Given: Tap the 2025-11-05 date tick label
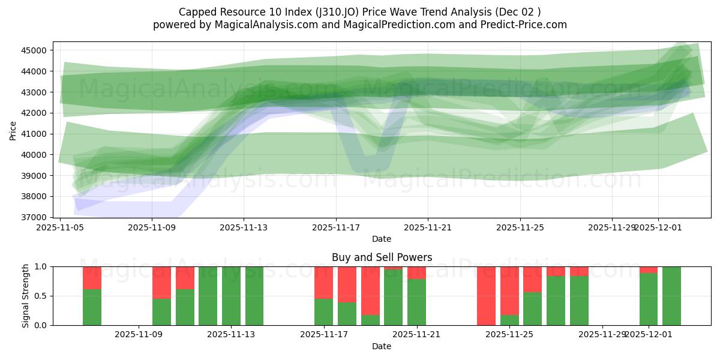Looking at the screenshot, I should coord(60,227).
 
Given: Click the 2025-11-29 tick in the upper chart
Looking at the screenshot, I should coord(612,227).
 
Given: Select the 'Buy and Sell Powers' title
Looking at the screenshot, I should coord(382,257).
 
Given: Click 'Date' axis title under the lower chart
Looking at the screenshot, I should coord(382,346).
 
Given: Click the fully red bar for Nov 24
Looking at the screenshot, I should coord(486,296).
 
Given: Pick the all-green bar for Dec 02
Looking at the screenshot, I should coord(671,296).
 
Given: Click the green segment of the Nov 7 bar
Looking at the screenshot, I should coord(92,307).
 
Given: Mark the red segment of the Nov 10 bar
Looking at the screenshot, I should coord(161,282).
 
